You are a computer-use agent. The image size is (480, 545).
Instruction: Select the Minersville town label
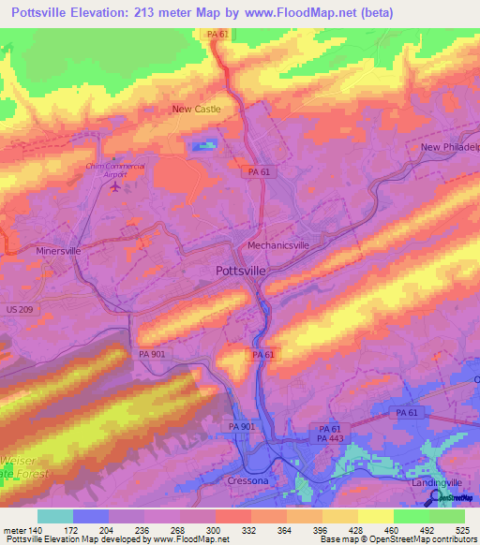(x=58, y=252)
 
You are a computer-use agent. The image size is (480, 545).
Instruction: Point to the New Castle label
(x=196, y=110)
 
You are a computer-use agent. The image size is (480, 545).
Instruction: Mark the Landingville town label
(x=437, y=482)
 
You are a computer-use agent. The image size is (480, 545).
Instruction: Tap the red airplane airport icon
(x=115, y=186)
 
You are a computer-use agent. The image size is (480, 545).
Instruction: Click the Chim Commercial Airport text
(x=115, y=169)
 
